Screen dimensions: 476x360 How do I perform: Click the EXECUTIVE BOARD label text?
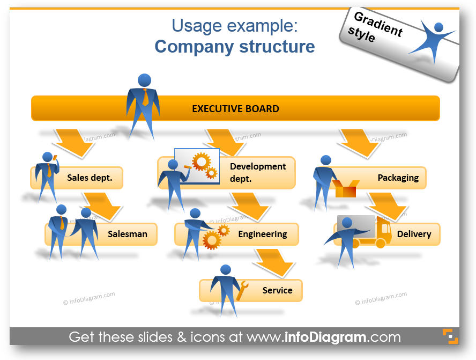pyautogui.click(x=235, y=109)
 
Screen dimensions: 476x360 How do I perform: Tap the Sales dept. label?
pyautogui.click(x=90, y=178)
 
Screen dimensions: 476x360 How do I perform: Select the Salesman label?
pyautogui.click(x=128, y=234)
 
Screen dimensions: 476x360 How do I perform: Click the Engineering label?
pyautogui.click(x=263, y=234)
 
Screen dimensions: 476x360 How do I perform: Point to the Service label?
pyautogui.click(x=278, y=290)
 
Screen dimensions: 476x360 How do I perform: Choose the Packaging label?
pyautogui.click(x=398, y=178)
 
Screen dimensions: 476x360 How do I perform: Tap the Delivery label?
pyautogui.click(x=414, y=234)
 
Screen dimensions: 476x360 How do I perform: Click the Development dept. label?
pyautogui.click(x=258, y=172)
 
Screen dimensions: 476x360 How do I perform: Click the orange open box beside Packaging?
pyautogui.click(x=346, y=188)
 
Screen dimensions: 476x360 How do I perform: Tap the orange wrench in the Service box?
pyautogui.click(x=242, y=291)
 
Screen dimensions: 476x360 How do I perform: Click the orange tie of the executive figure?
pyautogui.click(x=146, y=97)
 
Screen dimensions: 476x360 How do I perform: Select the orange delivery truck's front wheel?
pyautogui.click(x=381, y=244)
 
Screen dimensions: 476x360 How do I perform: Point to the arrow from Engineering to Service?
pyautogui.click(x=273, y=262)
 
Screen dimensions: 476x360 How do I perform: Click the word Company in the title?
pyautogui.click(x=194, y=47)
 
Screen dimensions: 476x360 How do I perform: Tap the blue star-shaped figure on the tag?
pyautogui.click(x=433, y=41)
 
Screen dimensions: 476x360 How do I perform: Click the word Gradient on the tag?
pyautogui.click(x=378, y=24)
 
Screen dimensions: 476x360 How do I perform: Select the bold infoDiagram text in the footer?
pyautogui.click(x=325, y=337)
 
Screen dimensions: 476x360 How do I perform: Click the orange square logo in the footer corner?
pyautogui.click(x=450, y=336)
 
